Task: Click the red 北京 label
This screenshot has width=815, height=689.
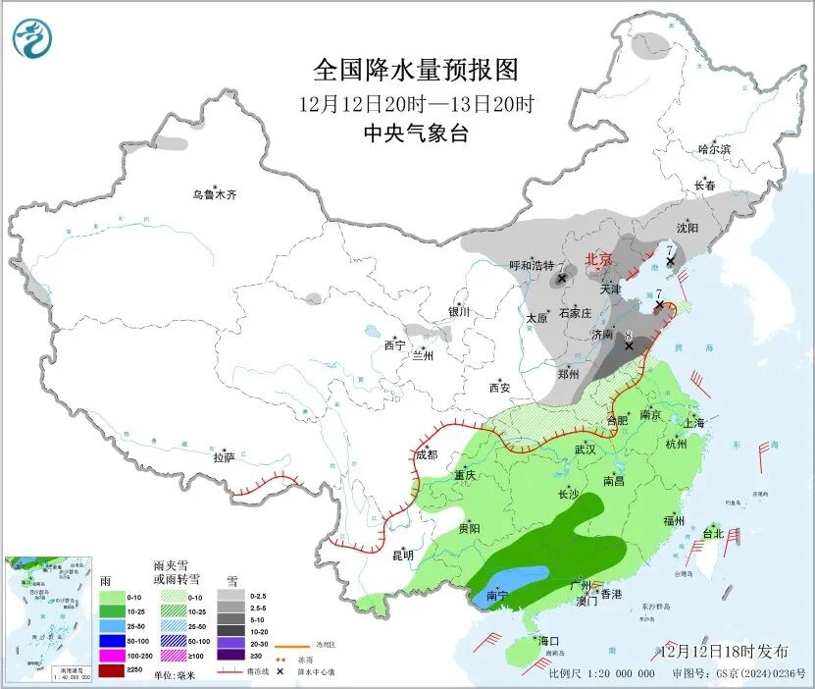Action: [x=598, y=260]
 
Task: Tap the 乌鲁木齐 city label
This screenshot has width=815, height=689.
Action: [x=214, y=195]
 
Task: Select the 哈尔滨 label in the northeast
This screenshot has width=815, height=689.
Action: [x=714, y=149]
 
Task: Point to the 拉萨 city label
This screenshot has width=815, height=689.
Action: [x=224, y=456]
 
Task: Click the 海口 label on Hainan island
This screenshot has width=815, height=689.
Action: [x=548, y=641]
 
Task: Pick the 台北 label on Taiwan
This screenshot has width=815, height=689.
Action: [x=712, y=534]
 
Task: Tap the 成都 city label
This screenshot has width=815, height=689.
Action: [x=427, y=454]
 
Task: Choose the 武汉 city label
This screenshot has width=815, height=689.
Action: [x=586, y=450]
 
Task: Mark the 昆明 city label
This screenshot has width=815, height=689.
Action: [x=403, y=556]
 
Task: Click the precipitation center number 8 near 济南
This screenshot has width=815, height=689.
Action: [x=628, y=335]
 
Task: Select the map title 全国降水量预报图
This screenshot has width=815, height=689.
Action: [x=414, y=71]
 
